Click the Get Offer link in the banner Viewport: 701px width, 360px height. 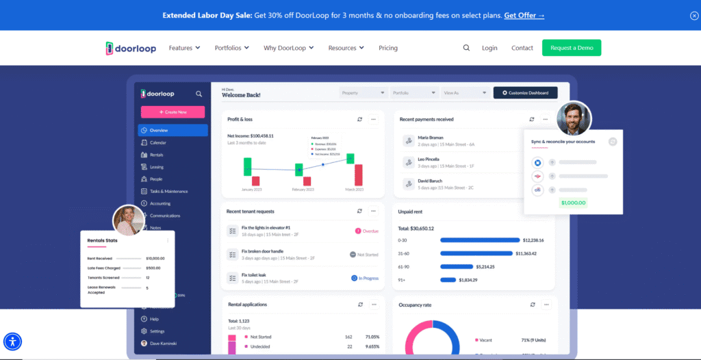coord(524,15)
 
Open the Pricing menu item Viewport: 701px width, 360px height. coord(388,48)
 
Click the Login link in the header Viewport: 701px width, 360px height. coord(489,48)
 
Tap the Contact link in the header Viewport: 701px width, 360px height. coord(522,48)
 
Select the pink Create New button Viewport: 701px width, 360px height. coord(173,112)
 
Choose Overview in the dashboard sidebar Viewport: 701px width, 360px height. coord(173,130)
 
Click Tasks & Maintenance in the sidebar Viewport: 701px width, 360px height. coord(168,191)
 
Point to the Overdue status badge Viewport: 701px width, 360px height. coord(368,231)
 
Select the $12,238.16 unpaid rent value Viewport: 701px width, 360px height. coord(533,240)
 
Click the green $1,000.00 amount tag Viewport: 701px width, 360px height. coord(572,203)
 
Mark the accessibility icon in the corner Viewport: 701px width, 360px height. coord(13,342)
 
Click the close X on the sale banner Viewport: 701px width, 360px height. coord(694,16)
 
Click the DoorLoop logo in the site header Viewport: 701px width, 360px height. coord(132,48)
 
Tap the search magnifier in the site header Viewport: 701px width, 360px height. coord(466,48)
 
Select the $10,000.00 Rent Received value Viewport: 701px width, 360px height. coord(155,258)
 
